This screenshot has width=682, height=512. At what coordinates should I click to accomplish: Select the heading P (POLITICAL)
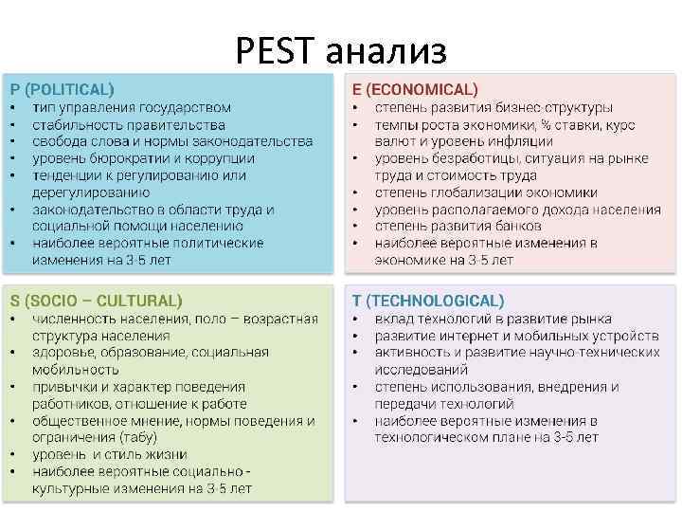coord(62,89)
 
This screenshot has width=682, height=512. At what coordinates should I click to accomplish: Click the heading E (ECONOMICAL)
coord(415,89)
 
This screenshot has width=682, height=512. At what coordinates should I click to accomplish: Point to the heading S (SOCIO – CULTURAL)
coord(96,301)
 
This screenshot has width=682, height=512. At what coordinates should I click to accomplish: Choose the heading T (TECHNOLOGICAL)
coord(428,301)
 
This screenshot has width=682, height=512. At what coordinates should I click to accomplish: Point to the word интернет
coord(476,336)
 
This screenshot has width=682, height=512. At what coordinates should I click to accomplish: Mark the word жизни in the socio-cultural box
coord(166,454)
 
